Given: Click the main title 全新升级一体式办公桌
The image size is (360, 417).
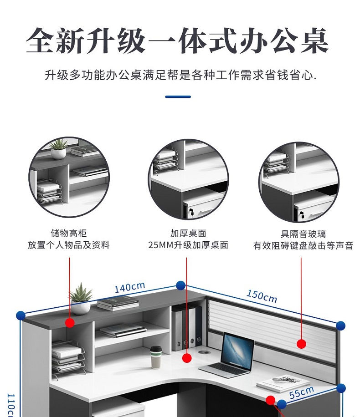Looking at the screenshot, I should click(x=177, y=41).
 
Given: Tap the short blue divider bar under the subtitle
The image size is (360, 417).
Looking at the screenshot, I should click(x=178, y=97).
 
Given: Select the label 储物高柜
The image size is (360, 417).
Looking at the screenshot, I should click(x=69, y=234).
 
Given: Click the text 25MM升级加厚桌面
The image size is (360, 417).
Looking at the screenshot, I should click(x=188, y=245).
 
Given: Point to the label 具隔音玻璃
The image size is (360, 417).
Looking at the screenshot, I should click(x=303, y=234).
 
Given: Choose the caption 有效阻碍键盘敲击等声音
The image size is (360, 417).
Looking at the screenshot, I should click(x=303, y=246).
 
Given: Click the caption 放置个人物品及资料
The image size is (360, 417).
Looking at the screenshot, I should click(x=69, y=245).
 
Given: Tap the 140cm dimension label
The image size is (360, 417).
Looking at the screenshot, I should click(x=129, y=288).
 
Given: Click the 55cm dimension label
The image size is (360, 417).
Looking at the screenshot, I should click(x=302, y=392).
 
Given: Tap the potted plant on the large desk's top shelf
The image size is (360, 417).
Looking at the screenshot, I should click(x=80, y=299).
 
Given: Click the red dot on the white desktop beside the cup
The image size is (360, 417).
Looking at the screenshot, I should click(x=186, y=358).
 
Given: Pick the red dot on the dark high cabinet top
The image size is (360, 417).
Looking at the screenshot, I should click(x=70, y=323).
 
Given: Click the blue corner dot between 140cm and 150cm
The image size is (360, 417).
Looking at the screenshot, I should click(x=180, y=285).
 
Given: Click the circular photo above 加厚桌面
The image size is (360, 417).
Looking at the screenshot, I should click(x=188, y=179).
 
